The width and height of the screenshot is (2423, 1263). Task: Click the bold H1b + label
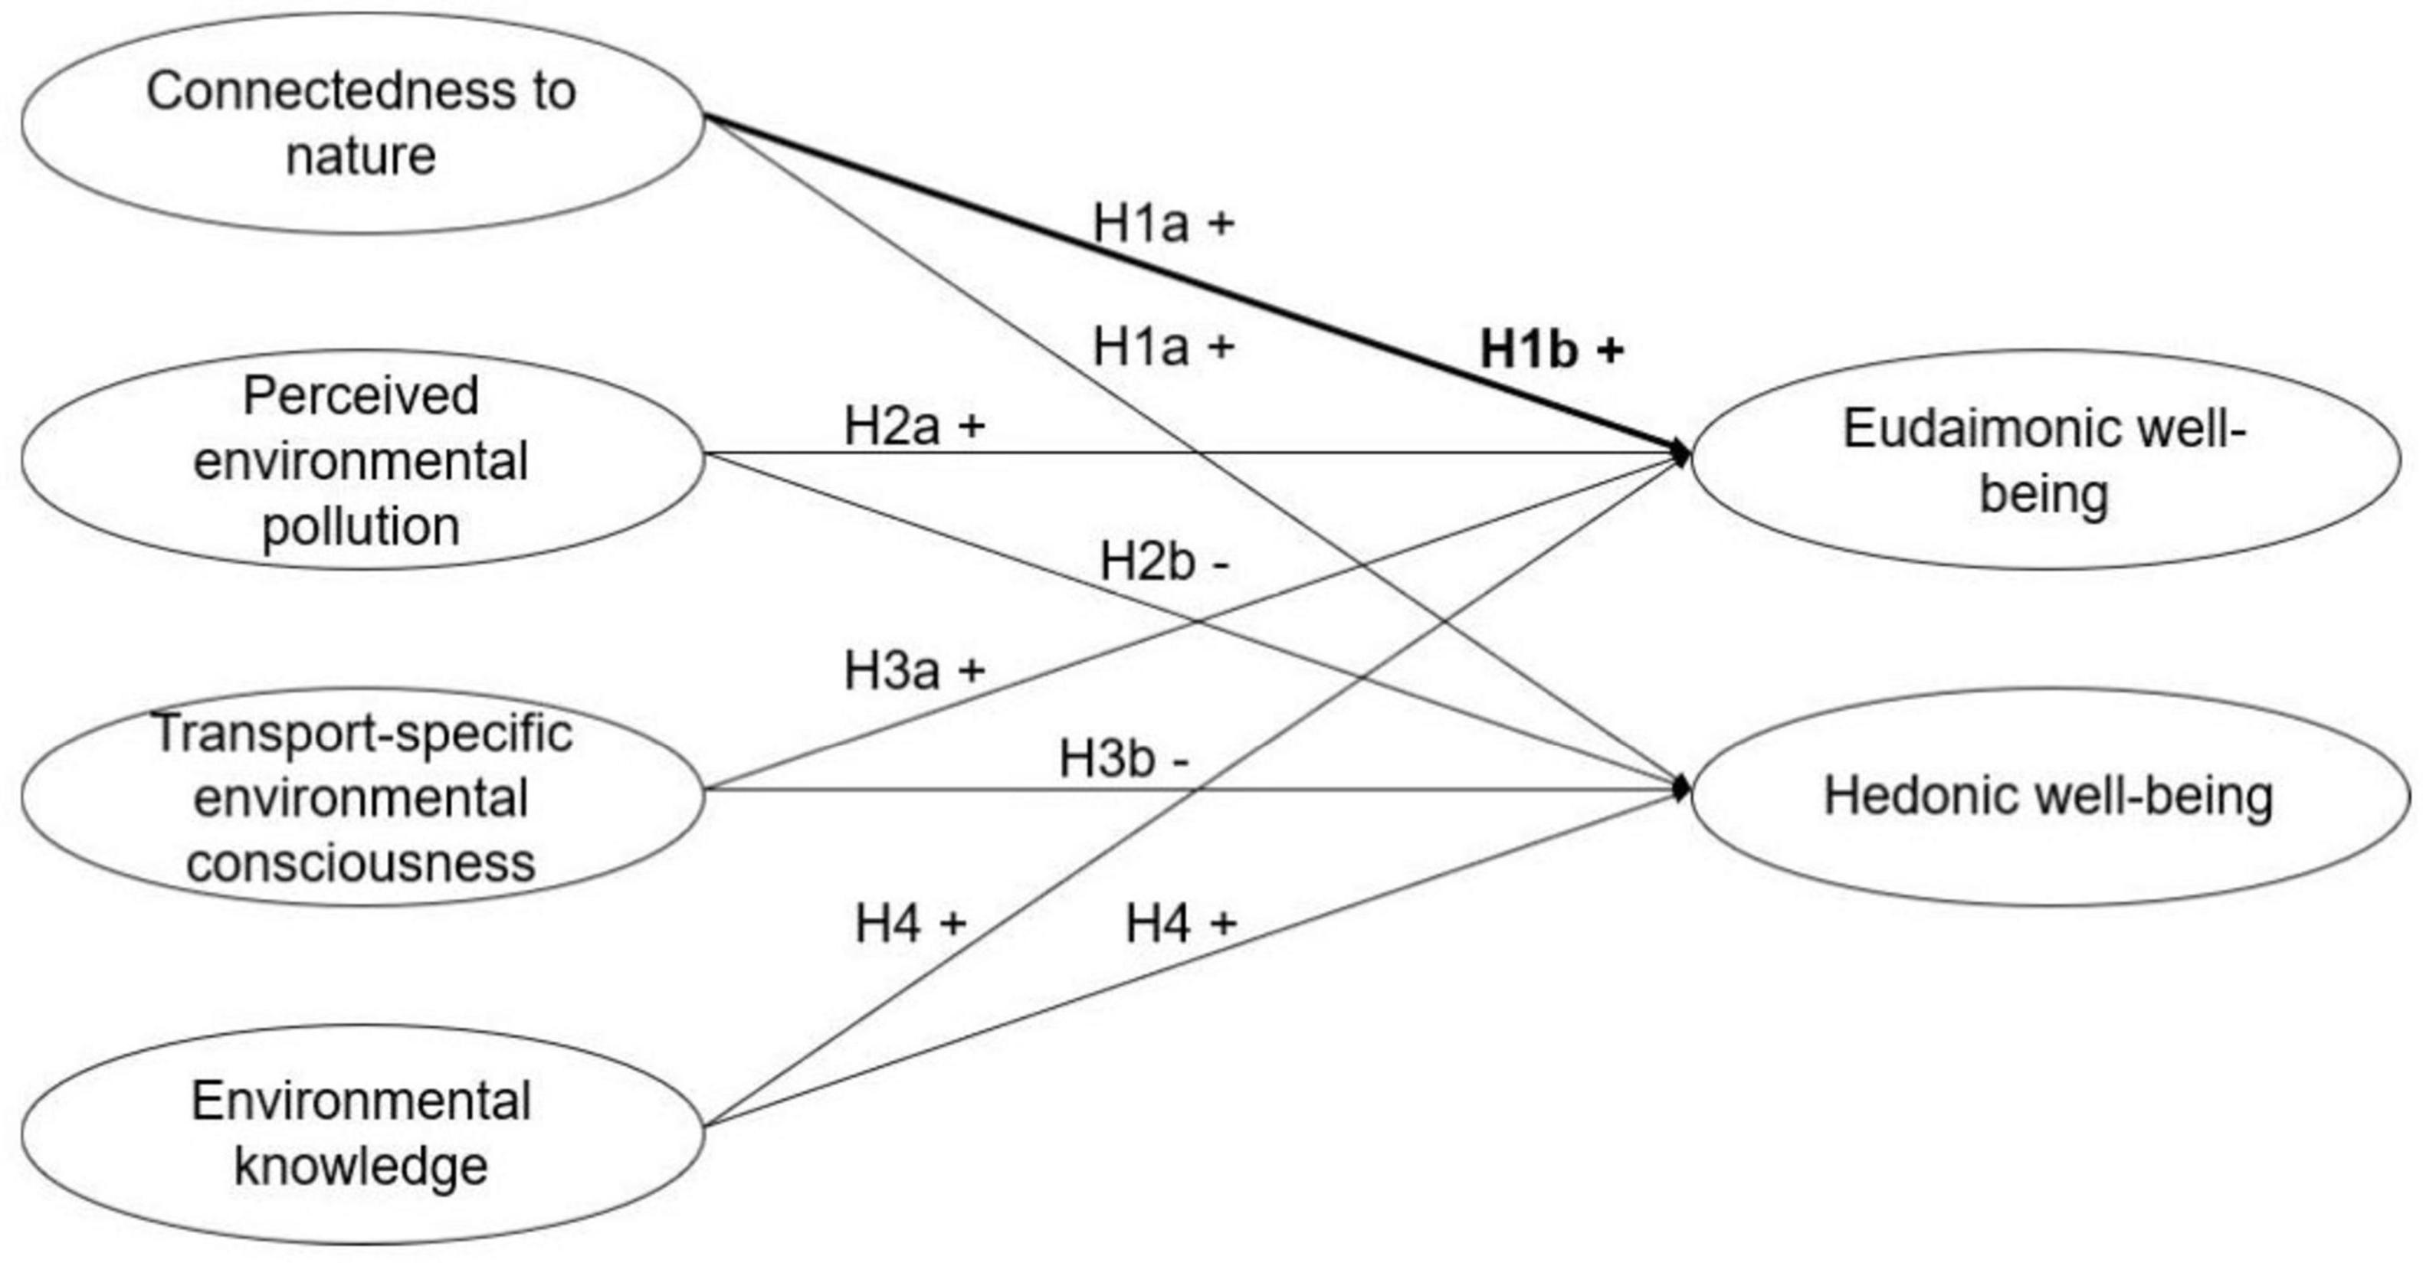[1551, 350]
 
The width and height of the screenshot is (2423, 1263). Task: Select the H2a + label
[914, 426]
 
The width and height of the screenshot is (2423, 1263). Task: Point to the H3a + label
[914, 670]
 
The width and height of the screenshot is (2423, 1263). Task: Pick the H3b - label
[1124, 758]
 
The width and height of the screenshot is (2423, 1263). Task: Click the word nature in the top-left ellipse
[360, 155]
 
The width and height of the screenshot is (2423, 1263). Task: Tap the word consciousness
[360, 863]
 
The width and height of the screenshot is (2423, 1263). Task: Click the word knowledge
[360, 1166]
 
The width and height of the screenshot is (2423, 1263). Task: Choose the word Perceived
[360, 395]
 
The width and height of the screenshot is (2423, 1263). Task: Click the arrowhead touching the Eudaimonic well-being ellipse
[1681, 453]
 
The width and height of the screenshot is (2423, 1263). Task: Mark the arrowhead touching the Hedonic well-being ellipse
[1681, 789]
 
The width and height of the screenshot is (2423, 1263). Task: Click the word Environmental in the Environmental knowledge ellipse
[360, 1101]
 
